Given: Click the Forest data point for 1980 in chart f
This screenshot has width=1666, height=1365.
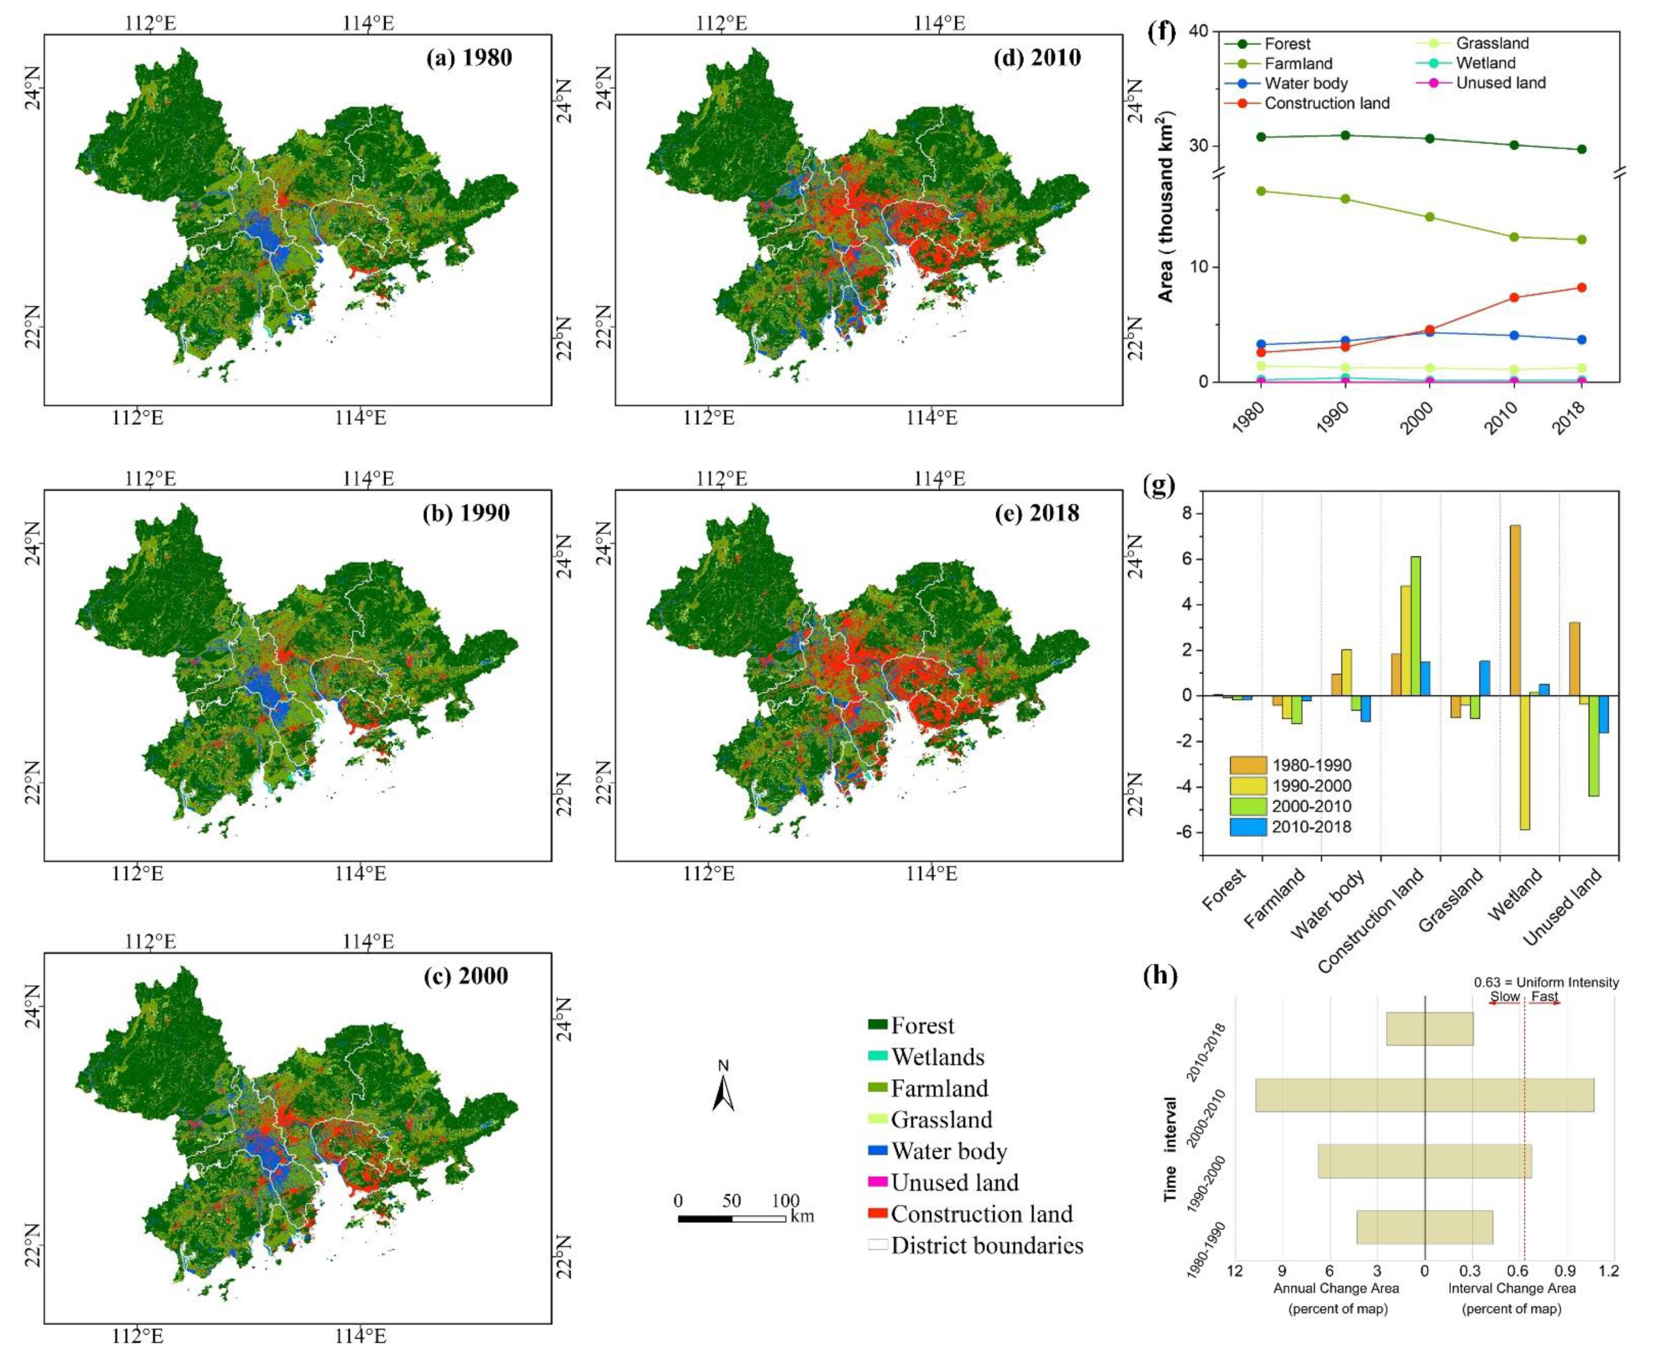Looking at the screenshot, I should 1261,137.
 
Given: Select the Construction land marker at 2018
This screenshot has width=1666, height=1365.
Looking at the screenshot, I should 1582,288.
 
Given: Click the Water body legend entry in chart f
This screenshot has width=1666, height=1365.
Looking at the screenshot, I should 1305,83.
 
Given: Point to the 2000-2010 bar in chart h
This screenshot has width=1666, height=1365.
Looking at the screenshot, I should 1425,1095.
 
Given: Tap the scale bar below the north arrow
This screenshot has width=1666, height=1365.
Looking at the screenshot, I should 731,1218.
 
